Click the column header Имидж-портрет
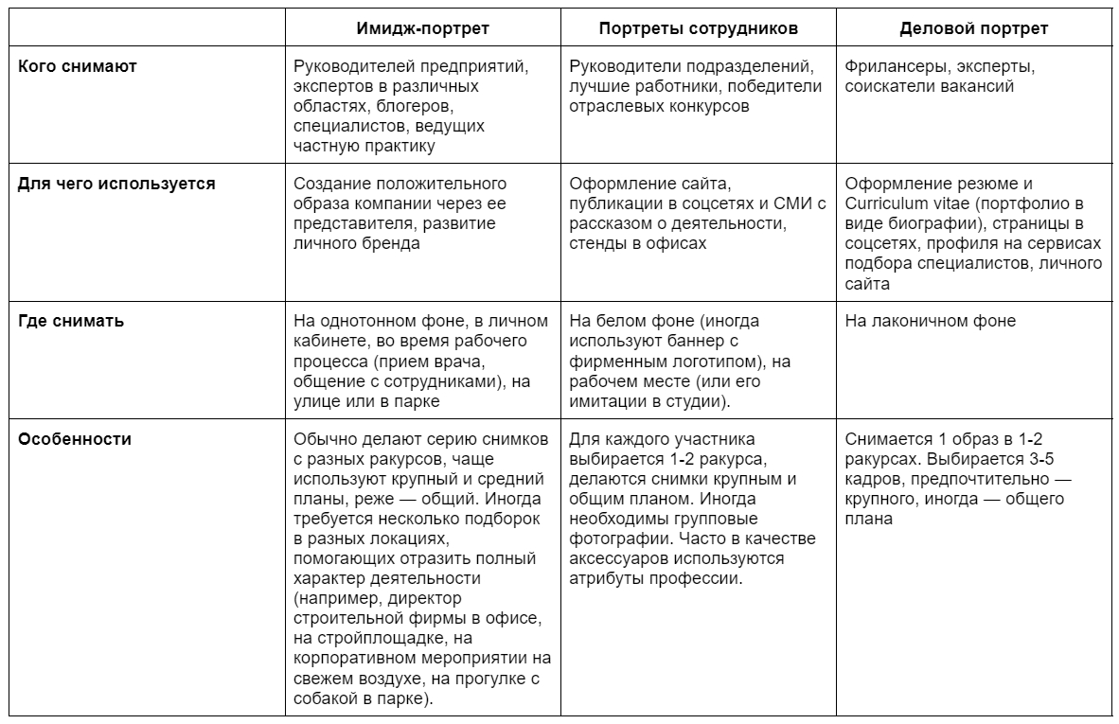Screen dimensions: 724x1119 tap(422, 28)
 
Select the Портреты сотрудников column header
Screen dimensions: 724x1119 tap(699, 28)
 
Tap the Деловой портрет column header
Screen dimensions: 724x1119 tap(973, 28)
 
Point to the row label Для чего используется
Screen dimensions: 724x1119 tap(117, 184)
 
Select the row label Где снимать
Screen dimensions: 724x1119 tap(72, 321)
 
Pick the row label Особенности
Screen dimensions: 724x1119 tap(76, 439)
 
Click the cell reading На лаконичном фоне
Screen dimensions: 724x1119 tap(930, 321)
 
